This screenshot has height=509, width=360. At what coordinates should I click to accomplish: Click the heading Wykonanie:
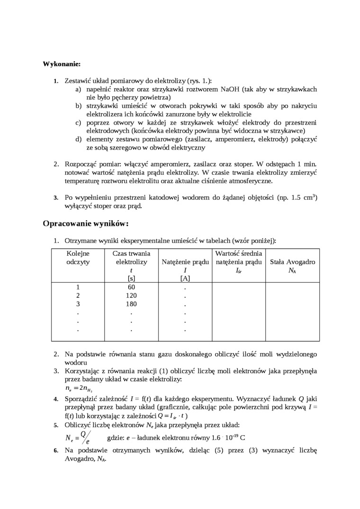(62, 64)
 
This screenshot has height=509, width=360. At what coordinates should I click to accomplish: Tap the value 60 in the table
(131, 287)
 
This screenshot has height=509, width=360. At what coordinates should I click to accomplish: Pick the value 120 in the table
(131, 295)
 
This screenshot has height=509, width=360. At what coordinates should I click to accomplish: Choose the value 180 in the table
(131, 304)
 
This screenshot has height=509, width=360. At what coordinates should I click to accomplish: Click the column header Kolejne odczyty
(78, 258)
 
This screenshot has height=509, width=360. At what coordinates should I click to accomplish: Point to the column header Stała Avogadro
(292, 262)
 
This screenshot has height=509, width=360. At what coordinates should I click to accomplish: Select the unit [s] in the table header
(131, 278)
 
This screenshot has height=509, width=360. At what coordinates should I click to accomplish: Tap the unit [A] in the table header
(185, 278)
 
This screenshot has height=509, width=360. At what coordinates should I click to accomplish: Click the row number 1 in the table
(78, 287)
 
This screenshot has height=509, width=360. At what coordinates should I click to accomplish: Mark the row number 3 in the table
(78, 304)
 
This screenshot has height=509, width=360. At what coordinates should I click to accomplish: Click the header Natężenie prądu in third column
(185, 262)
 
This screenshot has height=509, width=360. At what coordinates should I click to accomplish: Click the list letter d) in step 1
(78, 139)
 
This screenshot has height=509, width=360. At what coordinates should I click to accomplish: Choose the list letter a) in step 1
(78, 89)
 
